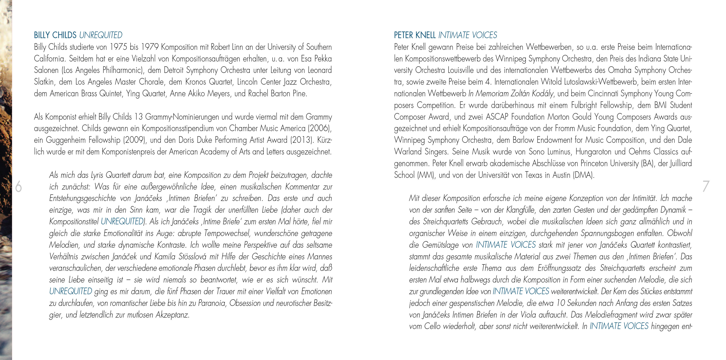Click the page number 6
tap(19, 187)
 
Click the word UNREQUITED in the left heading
tap(101, 35)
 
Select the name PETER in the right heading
tap(403, 35)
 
